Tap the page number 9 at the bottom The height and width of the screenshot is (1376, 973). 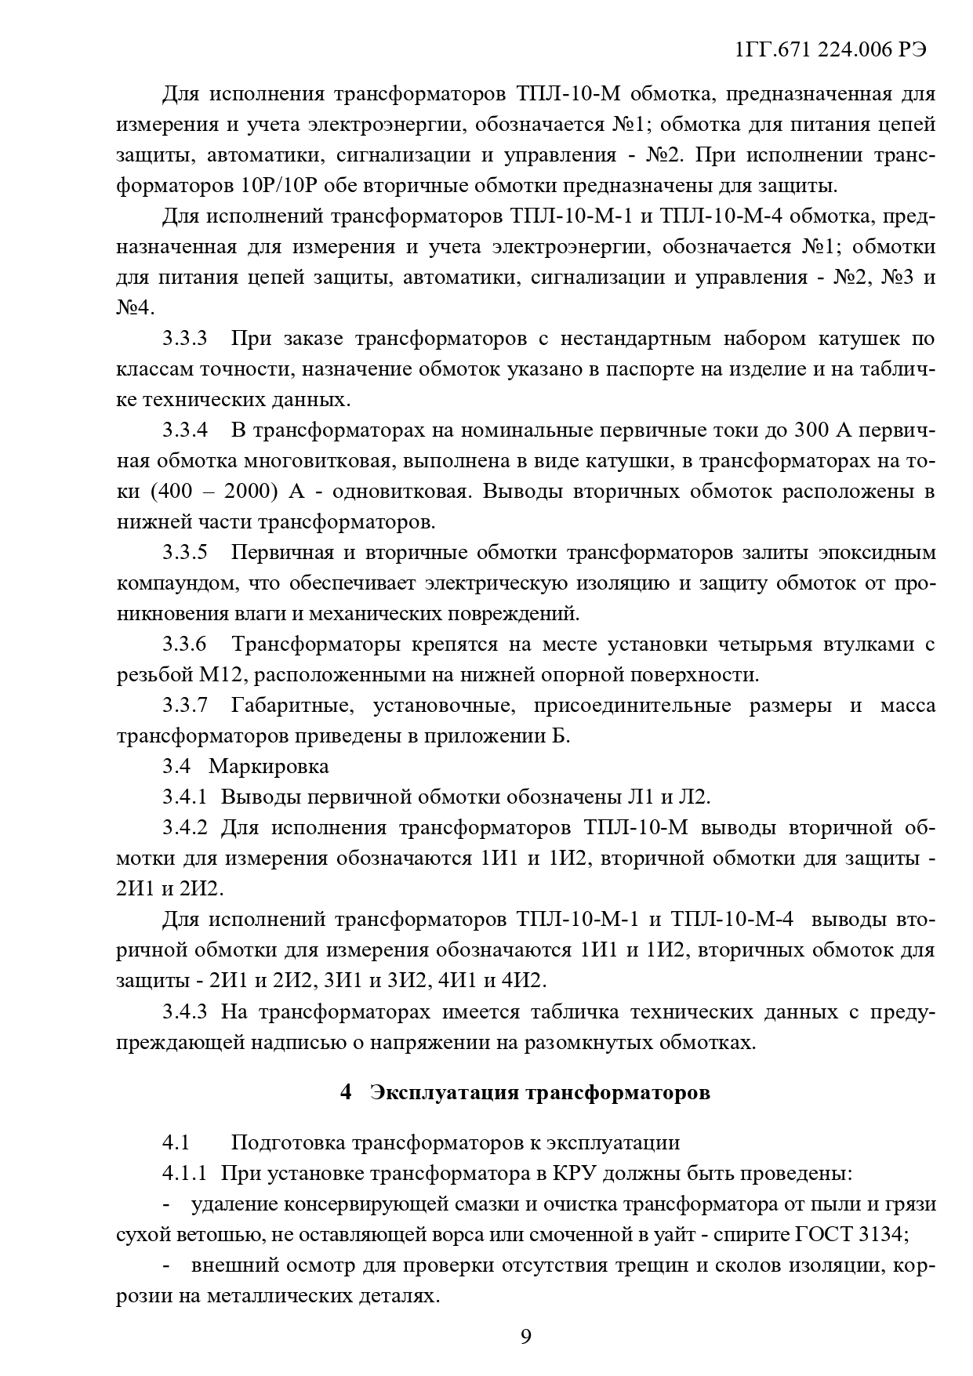[525, 1335]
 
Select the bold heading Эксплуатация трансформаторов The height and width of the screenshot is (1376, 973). [539, 1092]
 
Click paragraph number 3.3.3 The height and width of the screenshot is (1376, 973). [185, 339]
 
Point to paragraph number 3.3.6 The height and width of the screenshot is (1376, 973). [185, 644]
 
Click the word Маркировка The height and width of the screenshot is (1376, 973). [269, 766]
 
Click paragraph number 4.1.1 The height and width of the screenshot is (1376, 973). [185, 1174]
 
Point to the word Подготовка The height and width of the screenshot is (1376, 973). [285, 1142]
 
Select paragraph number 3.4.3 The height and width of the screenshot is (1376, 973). [185, 1011]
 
